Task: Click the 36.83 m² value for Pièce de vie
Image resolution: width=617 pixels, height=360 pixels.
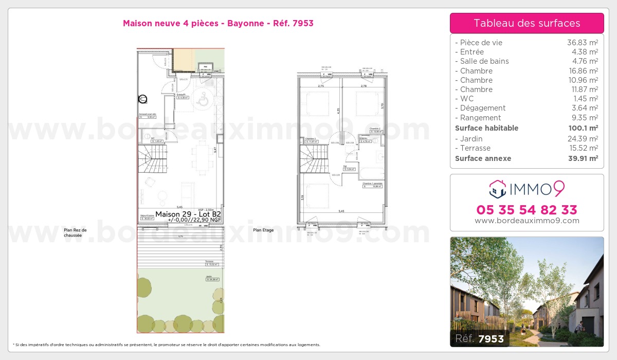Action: click(582, 43)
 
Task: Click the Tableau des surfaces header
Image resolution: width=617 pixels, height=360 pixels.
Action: click(527, 23)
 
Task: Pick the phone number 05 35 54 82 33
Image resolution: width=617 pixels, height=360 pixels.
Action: click(527, 210)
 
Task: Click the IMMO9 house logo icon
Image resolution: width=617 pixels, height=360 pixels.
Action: click(498, 189)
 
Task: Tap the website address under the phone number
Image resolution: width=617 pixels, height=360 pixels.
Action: click(527, 221)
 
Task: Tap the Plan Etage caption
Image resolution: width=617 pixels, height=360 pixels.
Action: click(263, 230)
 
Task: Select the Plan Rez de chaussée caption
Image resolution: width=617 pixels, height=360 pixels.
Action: click(75, 233)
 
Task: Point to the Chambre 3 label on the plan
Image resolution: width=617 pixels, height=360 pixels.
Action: click(310, 139)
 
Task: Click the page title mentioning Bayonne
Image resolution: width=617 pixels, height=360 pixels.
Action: click(218, 23)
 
